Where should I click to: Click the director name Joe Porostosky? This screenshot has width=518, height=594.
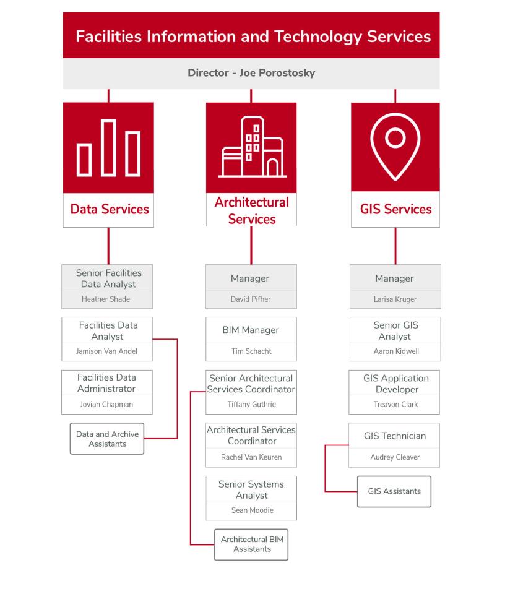pyautogui.click(x=277, y=73)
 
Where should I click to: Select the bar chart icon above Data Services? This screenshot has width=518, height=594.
pyautogui.click(x=108, y=148)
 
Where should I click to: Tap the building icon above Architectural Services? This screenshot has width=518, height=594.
pyautogui.click(x=252, y=147)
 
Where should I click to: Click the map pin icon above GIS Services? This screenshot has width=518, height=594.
pyautogui.click(x=395, y=147)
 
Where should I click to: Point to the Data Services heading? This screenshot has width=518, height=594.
pyautogui.click(x=110, y=209)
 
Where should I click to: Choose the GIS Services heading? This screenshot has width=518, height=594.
pyautogui.click(x=395, y=209)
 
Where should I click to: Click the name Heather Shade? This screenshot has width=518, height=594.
pyautogui.click(x=106, y=299)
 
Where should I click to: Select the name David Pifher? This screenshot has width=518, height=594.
pyautogui.click(x=251, y=299)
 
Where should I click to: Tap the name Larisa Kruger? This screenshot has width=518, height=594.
pyautogui.click(x=395, y=299)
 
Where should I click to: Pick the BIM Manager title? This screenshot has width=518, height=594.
pyautogui.click(x=251, y=330)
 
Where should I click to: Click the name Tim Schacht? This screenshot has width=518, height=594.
pyautogui.click(x=251, y=351)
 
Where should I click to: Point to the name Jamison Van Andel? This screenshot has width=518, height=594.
pyautogui.click(x=106, y=351)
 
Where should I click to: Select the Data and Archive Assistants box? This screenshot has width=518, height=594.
pyautogui.click(x=107, y=439)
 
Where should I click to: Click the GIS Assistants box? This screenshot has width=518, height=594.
pyautogui.click(x=394, y=491)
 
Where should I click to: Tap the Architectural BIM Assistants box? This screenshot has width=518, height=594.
pyautogui.click(x=251, y=544)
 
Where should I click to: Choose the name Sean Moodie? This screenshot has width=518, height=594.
pyautogui.click(x=253, y=510)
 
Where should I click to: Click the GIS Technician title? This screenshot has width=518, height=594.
pyautogui.click(x=395, y=436)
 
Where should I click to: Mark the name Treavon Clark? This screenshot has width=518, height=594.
pyautogui.click(x=395, y=404)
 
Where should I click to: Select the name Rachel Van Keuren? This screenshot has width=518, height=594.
pyautogui.click(x=251, y=457)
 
